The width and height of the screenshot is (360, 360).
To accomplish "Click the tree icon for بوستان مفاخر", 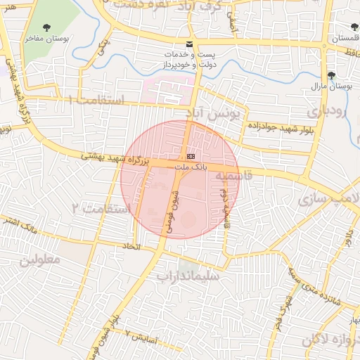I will (x=46, y=28).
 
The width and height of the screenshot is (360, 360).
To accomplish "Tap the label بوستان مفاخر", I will (x=48, y=39).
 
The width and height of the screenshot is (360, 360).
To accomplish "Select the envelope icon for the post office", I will (x=188, y=44).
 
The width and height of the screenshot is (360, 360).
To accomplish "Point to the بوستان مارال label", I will (x=330, y=86).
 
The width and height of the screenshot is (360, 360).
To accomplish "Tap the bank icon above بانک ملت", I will (x=191, y=156).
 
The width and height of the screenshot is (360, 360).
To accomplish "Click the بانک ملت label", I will (x=191, y=167).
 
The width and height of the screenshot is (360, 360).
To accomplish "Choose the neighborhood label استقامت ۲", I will (x=101, y=210).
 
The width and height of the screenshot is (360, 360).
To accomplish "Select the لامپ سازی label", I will (x=330, y=199).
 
